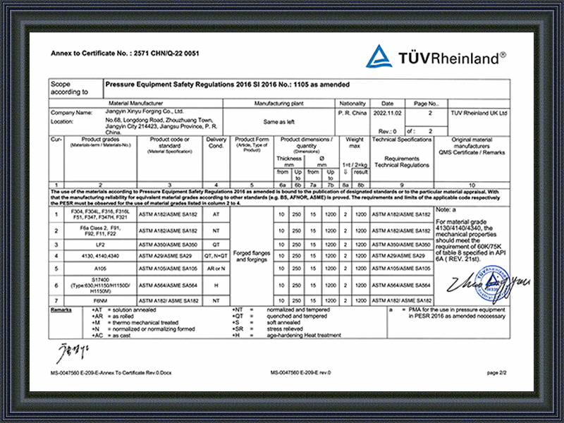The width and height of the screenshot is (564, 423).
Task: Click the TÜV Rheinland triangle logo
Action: point(379,56)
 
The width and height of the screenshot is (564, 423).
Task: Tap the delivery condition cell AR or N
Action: point(216,269)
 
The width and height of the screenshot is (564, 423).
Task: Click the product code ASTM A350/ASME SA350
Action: point(168,244)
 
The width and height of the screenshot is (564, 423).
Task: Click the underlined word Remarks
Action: point(61,310)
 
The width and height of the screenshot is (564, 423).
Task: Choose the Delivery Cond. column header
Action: point(216,143)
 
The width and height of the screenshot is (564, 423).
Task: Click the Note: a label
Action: point(447,210)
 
